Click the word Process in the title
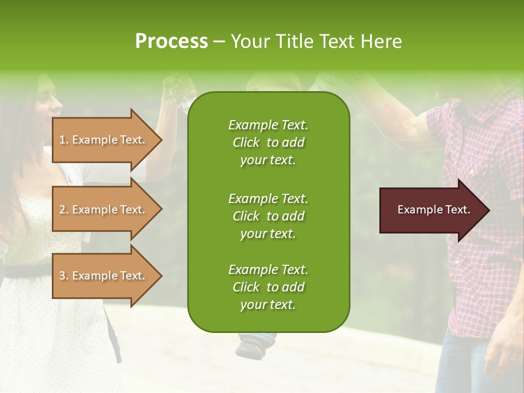171,41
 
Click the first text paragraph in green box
268,142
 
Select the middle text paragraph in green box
268,216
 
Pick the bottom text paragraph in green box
268,287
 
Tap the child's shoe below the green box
253,344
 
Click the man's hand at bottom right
505,349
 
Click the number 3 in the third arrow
62,276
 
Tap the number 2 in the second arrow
62,210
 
